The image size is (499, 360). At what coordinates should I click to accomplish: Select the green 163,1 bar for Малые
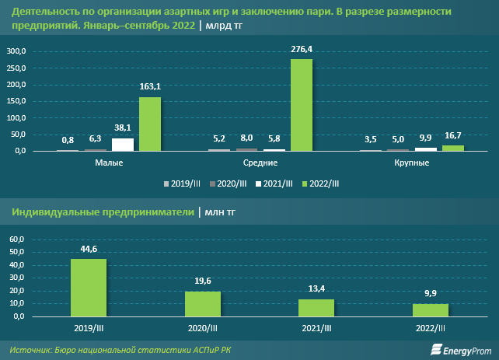(x=150, y=124)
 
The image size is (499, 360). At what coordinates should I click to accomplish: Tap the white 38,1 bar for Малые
(x=123, y=145)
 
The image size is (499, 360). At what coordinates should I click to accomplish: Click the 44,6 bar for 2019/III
(x=89, y=288)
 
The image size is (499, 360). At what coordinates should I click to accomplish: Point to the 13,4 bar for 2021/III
(x=316, y=308)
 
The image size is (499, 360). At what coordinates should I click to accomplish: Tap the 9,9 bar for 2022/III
(x=431, y=310)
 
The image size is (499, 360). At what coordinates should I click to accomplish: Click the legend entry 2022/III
(x=322, y=183)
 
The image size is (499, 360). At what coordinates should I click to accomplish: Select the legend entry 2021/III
(x=277, y=183)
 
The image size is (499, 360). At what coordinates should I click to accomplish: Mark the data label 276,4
(x=302, y=49)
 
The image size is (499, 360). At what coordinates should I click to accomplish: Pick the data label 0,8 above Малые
(x=68, y=141)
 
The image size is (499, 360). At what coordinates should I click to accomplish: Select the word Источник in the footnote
(x=31, y=349)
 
